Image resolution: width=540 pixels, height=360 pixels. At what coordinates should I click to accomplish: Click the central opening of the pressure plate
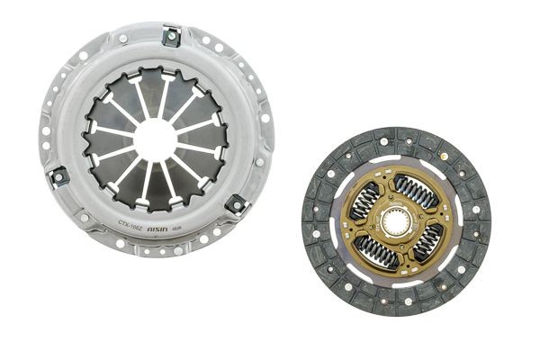coord(155,139)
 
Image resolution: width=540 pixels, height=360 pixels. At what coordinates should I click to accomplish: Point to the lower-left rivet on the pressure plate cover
coord(84,217)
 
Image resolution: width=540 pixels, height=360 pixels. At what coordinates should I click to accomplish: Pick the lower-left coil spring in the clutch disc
coord(374,251)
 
